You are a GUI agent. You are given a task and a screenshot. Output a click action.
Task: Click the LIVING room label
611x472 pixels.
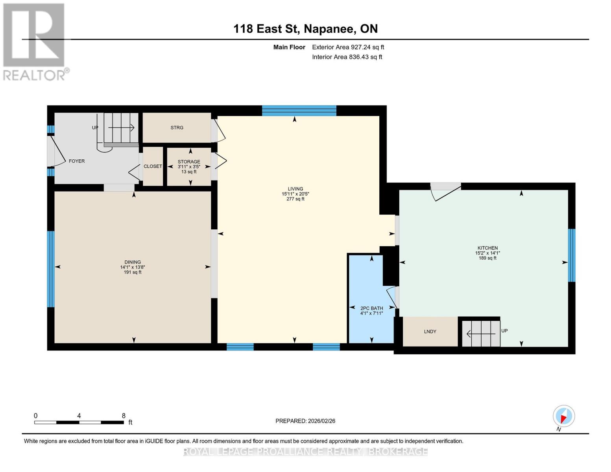tap(295, 189)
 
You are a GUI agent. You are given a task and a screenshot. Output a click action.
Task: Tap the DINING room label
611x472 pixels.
tap(133, 262)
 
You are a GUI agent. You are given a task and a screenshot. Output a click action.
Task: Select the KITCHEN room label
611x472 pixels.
tap(487, 248)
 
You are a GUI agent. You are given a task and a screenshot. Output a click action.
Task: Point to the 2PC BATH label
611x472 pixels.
tap(371, 308)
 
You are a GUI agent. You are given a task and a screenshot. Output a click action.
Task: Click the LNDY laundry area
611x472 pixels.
tap(430, 332)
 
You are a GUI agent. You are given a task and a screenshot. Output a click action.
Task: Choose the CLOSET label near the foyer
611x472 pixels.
tap(153, 166)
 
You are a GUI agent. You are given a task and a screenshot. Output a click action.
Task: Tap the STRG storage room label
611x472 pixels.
tap(177, 128)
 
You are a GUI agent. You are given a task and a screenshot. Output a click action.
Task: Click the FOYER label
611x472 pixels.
tap(77, 161)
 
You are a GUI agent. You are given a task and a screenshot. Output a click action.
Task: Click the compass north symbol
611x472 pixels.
tap(564, 416)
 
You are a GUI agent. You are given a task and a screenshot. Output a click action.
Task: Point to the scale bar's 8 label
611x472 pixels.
tap(124, 416)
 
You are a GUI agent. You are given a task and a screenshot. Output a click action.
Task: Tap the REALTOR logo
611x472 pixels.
tap(35, 42)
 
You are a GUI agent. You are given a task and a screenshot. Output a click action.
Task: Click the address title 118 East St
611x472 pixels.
tap(305, 29)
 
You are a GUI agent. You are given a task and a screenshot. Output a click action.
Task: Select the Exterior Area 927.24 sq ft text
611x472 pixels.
tap(348, 47)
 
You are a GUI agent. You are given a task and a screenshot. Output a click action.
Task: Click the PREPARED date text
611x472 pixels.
tap(305, 421)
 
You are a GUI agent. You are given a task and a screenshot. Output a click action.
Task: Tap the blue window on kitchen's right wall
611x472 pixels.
tap(572, 255)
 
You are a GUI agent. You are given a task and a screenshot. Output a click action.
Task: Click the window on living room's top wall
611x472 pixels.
tap(299, 111)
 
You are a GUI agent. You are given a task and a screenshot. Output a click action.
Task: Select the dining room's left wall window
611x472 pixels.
tap(51, 269)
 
